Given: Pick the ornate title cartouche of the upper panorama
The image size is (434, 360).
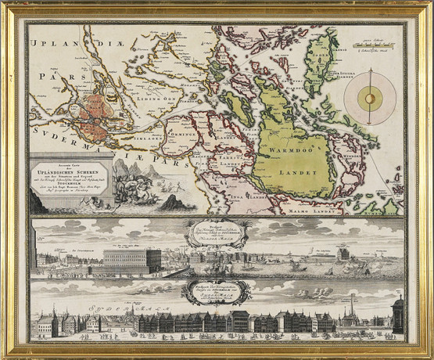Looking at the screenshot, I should (214, 233).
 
